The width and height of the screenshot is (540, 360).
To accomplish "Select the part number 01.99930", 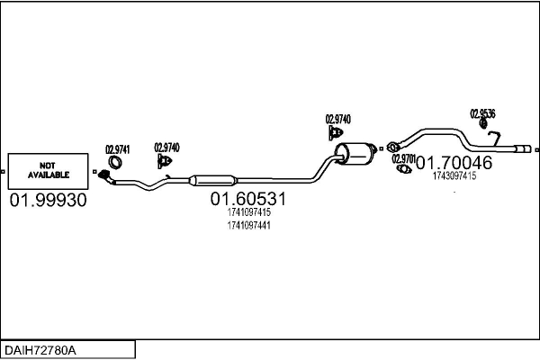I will pyautogui.click(x=48, y=200).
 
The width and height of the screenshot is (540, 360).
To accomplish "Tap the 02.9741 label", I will pyautogui.click(x=117, y=149).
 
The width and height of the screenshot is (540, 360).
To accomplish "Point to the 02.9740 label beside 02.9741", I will pyautogui.click(x=166, y=148).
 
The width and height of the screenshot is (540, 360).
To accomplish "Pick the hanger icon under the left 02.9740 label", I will pyautogui.click(x=165, y=161).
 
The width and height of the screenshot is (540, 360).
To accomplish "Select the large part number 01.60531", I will pyautogui.click(x=247, y=199).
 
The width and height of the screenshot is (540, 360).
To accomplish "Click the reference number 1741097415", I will pyautogui.click(x=249, y=212).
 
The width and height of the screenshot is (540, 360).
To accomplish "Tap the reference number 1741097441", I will pyautogui.click(x=249, y=225).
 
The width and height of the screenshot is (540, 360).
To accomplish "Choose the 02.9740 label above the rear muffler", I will pyautogui.click(x=337, y=119).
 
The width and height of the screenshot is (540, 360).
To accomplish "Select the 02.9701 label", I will pyautogui.click(x=403, y=158).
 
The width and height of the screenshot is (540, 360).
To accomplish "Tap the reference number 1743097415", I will pyautogui.click(x=454, y=176).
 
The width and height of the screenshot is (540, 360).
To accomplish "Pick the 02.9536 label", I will pyautogui.click(x=482, y=114).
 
